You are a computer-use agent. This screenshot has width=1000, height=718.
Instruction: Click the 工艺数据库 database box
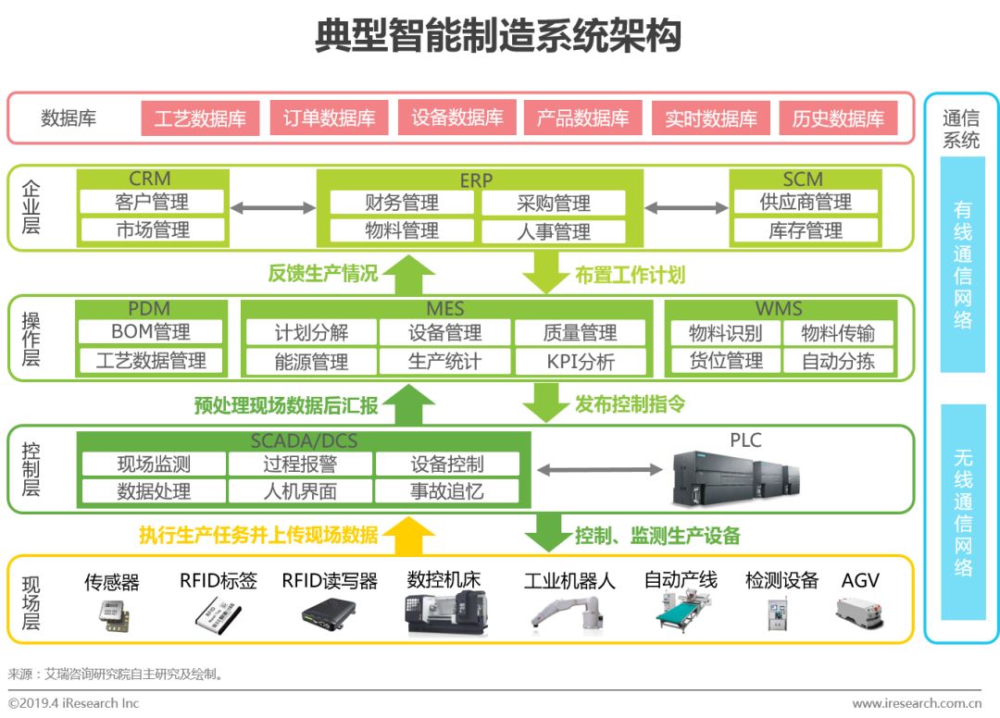point(199,118)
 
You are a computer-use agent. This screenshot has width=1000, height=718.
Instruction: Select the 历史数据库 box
point(838,118)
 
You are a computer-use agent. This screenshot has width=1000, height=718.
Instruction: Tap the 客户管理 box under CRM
point(152,202)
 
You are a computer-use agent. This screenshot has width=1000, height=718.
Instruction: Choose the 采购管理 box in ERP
point(553,204)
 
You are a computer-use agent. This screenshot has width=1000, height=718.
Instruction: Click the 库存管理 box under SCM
point(805,230)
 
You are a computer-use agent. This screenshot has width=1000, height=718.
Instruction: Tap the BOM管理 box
point(150,332)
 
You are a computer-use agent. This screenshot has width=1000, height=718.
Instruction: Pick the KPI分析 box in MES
point(580,362)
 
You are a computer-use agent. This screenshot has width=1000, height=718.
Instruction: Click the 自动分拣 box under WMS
point(837,361)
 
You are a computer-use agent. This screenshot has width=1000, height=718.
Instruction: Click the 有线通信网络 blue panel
point(962,265)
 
